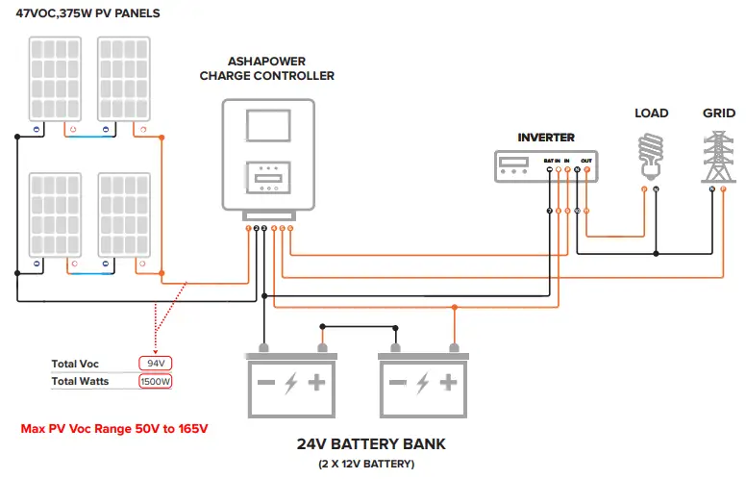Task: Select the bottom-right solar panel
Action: point(123,215)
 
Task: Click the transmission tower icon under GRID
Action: point(718,154)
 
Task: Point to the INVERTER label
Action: point(546,138)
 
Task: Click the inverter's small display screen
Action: point(512,162)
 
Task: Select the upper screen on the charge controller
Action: point(268,126)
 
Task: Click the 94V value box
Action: point(155,365)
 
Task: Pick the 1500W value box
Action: point(155,382)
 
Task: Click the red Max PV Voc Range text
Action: point(114,428)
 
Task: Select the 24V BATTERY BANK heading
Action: point(371,445)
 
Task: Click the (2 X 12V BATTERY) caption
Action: point(371,465)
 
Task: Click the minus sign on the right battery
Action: point(395,383)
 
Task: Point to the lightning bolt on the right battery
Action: point(421,383)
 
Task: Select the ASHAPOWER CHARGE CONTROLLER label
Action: point(267,68)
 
